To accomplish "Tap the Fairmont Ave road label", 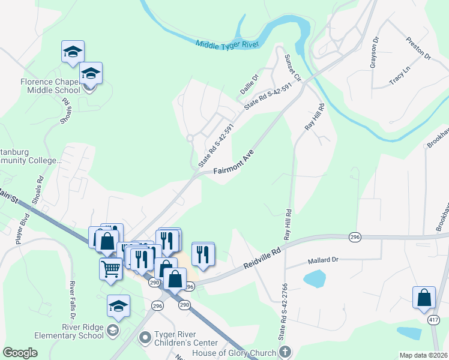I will click(x=234, y=163).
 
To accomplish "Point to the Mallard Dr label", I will click(x=324, y=261).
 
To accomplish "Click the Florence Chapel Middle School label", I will click(x=50, y=86).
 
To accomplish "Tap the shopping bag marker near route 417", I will click(x=424, y=296).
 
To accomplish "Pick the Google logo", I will click(x=20, y=352).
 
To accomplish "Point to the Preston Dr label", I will click(x=419, y=49).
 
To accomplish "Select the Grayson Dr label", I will click(x=375, y=53).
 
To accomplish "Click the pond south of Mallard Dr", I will click(x=315, y=278).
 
